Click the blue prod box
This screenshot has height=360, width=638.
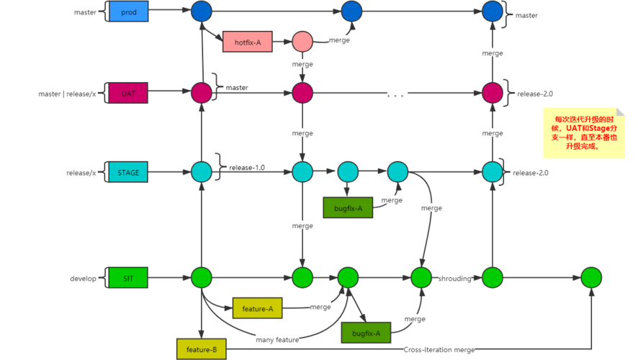click(128, 12)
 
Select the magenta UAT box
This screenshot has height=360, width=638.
click(128, 93)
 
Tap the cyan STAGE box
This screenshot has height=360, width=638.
click(128, 173)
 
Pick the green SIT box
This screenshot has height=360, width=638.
click(128, 277)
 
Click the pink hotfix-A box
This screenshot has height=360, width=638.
click(247, 42)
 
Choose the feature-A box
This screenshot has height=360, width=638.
click(257, 308)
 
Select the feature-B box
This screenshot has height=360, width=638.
click(201, 349)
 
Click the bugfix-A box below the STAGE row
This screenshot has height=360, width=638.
click(348, 209)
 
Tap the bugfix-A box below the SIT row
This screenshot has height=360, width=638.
click(366, 332)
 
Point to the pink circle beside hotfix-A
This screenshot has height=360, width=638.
click(302, 41)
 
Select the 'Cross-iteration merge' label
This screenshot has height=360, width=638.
click(439, 350)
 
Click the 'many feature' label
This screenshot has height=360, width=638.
click(277, 338)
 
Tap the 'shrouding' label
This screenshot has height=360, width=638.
click(455, 278)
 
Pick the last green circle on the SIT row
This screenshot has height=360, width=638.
click(591, 277)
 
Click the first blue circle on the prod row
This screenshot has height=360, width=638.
click(202, 12)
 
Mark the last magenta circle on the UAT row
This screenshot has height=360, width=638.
click(492, 92)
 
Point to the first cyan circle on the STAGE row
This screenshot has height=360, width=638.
click(202, 172)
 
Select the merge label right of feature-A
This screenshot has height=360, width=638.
click(320, 307)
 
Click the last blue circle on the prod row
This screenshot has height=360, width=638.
click(492, 12)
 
